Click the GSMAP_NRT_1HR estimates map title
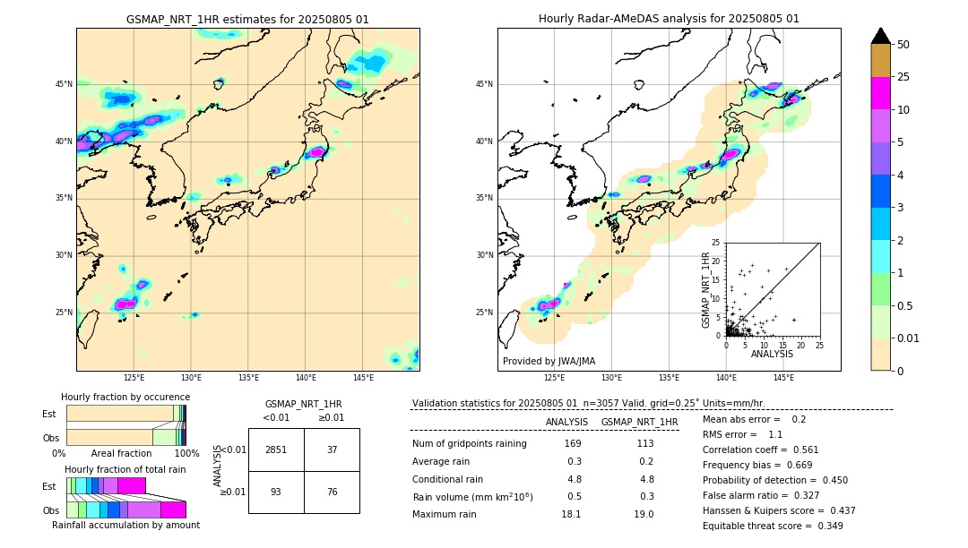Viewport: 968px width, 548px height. [247, 19]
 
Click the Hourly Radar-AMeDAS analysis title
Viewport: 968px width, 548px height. [669, 19]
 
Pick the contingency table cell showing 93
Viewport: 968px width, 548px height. [276, 491]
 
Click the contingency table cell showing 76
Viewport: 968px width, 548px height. [332, 491]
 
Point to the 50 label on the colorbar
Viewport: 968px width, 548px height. [903, 44]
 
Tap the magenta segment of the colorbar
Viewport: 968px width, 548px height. [880, 93]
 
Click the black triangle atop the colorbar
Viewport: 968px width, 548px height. [880, 36]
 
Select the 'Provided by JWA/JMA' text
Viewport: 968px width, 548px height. [549, 362]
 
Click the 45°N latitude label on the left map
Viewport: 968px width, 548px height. [64, 84]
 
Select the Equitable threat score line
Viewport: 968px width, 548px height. [773, 526]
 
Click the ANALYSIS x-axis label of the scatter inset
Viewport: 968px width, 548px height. [772, 354]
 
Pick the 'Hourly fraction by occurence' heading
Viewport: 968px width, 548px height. [125, 397]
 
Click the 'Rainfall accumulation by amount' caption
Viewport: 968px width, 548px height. [125, 526]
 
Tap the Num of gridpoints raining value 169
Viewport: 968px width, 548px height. [573, 444]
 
